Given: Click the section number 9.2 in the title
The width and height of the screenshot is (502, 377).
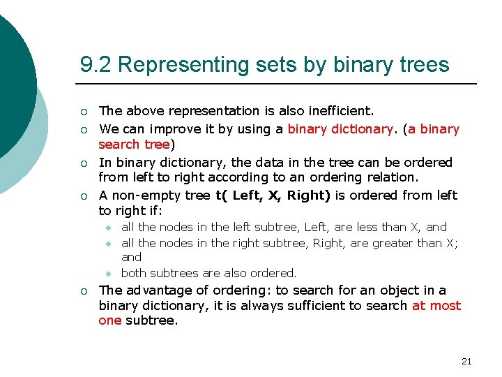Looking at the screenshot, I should (x=96, y=65).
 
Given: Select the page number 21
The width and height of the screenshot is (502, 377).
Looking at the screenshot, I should (x=466, y=361).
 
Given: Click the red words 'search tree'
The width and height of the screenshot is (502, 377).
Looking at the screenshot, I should (x=134, y=145).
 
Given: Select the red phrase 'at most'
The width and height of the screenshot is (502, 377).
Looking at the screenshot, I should (x=436, y=306).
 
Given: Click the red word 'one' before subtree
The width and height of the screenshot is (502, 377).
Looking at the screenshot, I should (x=110, y=321).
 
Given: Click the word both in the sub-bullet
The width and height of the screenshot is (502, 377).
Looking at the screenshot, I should (x=134, y=273).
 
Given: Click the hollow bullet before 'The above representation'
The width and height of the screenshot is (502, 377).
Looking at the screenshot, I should (x=84, y=112).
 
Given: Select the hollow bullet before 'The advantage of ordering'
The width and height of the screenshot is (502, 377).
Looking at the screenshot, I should (x=84, y=291).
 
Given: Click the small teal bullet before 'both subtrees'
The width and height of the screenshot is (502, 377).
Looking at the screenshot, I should (x=109, y=274).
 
